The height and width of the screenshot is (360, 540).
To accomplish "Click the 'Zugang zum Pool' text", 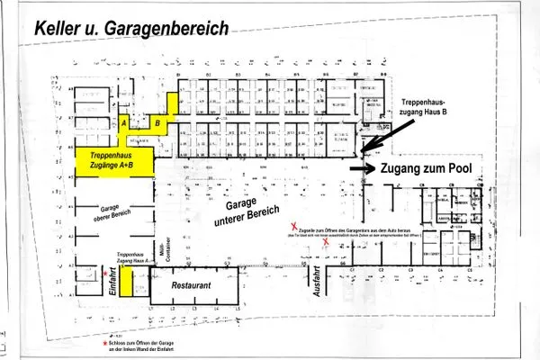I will tap(427, 168).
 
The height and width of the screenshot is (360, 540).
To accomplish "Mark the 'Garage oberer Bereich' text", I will tap(105, 209).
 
